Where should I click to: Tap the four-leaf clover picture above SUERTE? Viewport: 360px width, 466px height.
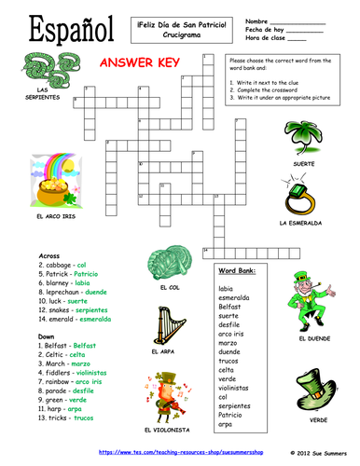click(303, 130)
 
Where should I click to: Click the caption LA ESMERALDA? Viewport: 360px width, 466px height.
click(300, 224)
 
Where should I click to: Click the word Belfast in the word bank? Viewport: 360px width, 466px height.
click(229, 305)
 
